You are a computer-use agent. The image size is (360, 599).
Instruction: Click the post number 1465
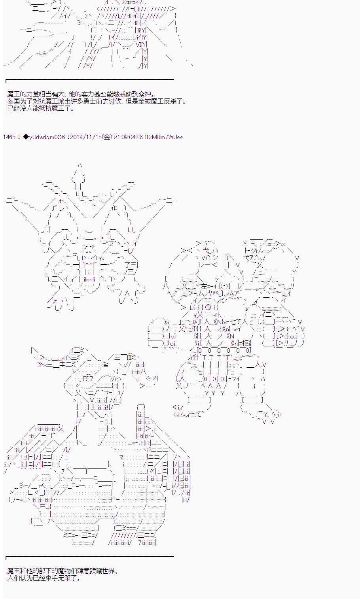(x=9, y=137)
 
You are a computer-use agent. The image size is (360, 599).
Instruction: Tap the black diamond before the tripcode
(x=26, y=137)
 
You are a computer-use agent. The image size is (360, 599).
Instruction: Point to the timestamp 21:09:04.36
(x=128, y=137)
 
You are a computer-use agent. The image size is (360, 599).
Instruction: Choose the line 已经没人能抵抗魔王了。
(x=41, y=109)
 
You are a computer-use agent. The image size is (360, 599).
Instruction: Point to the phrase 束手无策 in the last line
(x=57, y=578)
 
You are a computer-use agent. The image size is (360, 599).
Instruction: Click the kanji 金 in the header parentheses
(x=106, y=137)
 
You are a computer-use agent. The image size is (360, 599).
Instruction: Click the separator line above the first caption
(x=90, y=79)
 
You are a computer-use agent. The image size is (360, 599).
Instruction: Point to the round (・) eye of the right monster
(x=224, y=286)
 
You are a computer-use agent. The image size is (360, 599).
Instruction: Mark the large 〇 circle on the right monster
(x=209, y=308)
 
